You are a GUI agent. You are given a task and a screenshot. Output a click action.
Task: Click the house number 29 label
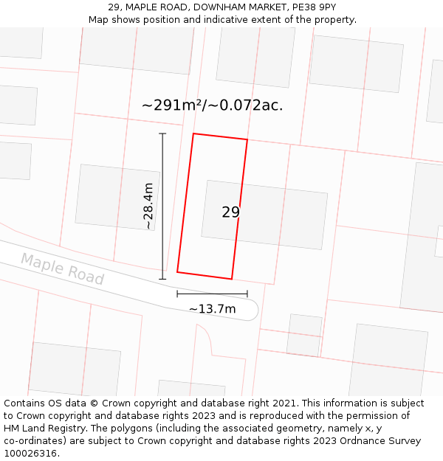[230, 212]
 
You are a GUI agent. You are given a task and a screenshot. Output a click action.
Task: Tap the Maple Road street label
[62, 268]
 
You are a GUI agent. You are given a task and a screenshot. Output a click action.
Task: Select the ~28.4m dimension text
[148, 206]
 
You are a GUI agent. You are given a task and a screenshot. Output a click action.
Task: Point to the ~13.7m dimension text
[213, 309]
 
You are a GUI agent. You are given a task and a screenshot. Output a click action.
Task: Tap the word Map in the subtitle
[99, 20]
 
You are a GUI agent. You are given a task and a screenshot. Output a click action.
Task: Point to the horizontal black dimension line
[212, 294]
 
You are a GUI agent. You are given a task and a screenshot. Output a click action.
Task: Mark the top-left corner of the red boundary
[193, 134]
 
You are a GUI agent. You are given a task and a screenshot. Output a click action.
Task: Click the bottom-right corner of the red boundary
[232, 279]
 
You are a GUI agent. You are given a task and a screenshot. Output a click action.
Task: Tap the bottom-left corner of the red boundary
[177, 272]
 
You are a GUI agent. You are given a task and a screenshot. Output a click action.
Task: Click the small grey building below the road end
[304, 335]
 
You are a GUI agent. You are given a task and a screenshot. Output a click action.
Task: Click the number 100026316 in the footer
[30, 454]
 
